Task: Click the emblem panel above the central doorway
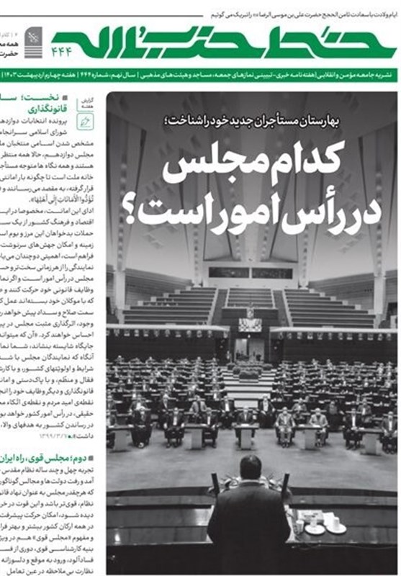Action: pyautogui.click(x=250, y=323)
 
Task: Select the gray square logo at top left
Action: pyautogui.click(x=35, y=37)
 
